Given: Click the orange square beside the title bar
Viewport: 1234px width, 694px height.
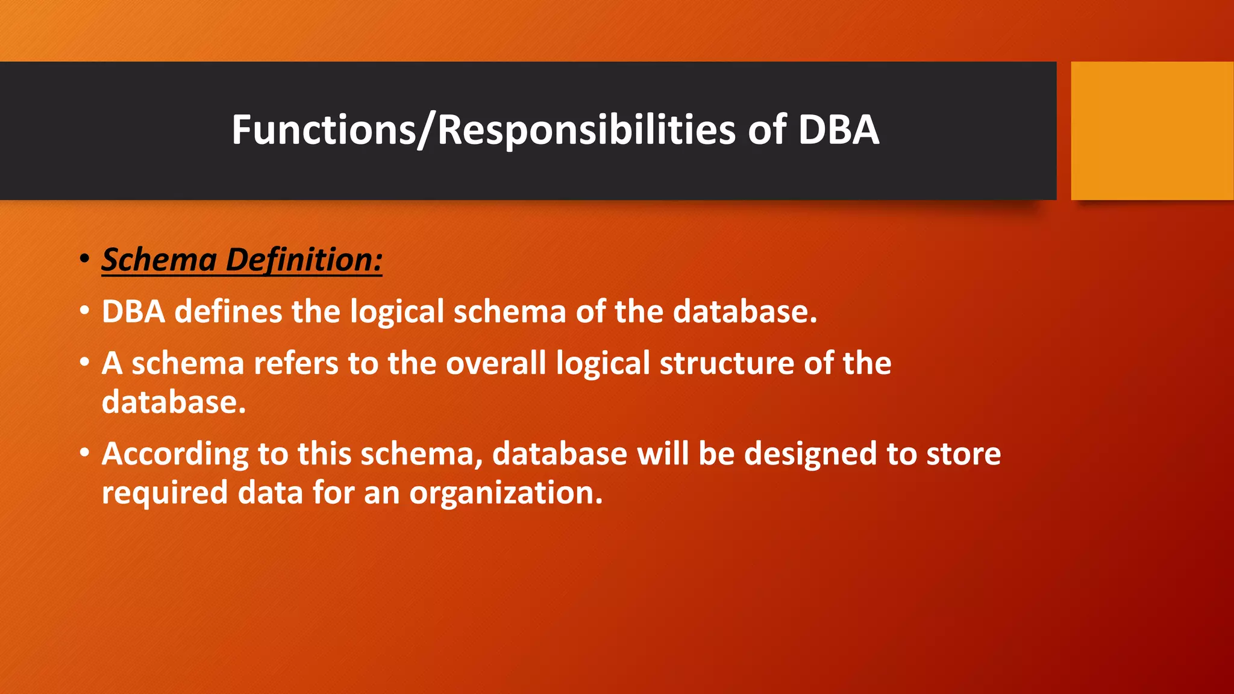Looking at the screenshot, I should [x=1152, y=131].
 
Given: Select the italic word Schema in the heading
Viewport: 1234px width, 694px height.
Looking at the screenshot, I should [x=159, y=260].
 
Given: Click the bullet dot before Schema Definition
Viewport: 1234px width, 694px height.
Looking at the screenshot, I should [x=84, y=260].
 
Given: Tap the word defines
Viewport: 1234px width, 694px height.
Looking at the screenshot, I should [x=228, y=312].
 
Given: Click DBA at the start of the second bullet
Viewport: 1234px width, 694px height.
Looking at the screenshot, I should [x=133, y=312].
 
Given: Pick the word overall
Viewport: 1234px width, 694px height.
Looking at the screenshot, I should [x=495, y=364].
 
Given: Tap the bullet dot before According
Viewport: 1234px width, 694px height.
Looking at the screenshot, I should [x=84, y=452].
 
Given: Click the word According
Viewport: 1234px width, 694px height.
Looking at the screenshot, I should [x=175, y=454].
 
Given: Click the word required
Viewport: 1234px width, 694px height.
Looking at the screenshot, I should [x=164, y=493].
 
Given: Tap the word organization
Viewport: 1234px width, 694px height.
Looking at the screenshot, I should [x=506, y=493].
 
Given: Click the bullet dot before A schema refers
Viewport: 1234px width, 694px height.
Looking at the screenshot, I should [x=84, y=363].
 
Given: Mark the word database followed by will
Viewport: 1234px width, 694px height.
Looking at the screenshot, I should [x=559, y=454].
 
